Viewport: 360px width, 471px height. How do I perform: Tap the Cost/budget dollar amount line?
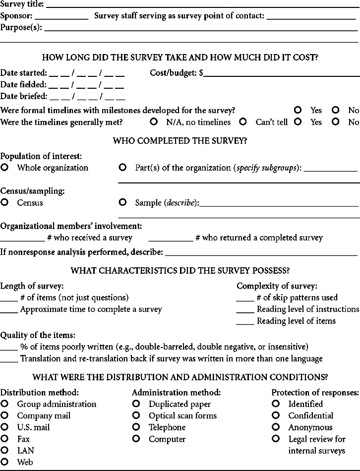point(281,75)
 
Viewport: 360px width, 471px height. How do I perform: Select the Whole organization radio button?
point(5,168)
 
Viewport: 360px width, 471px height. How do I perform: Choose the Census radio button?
point(5,202)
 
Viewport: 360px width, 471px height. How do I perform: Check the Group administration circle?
point(5,404)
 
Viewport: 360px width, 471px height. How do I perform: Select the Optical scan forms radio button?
point(136,415)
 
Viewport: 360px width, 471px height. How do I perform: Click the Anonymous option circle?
point(276,427)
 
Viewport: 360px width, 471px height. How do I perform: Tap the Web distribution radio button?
point(5,462)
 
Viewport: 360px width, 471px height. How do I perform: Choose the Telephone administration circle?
point(136,427)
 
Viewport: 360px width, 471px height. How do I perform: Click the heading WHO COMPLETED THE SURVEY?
point(180,141)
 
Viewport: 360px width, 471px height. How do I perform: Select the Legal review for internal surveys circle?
point(276,439)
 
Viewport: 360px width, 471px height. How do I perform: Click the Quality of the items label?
point(38,335)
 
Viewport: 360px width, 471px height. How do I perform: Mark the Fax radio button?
point(5,439)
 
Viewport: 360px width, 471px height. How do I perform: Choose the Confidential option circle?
point(276,415)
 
